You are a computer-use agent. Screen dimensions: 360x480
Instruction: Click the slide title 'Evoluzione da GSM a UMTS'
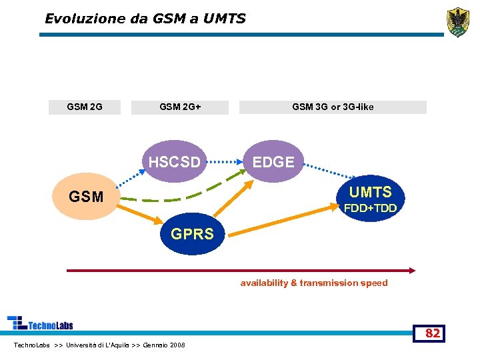[145, 19]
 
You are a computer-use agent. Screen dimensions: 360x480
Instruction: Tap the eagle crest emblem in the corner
[457, 21]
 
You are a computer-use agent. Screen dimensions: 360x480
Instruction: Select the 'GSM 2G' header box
[85, 107]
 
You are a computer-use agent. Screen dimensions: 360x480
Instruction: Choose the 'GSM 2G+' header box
[180, 107]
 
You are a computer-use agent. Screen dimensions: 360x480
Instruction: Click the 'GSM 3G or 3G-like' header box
[333, 107]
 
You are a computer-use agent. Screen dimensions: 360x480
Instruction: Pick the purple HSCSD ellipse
[175, 161]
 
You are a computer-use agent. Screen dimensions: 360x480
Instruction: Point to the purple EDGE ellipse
[273, 162]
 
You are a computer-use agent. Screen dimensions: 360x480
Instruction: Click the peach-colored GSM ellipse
[87, 197]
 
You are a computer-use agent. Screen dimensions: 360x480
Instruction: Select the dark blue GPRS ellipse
[193, 233]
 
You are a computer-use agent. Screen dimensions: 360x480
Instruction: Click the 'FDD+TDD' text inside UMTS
[370, 209]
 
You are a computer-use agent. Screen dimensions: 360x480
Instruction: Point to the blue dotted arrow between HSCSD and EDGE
[223, 161]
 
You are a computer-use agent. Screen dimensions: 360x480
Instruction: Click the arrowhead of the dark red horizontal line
[411, 270]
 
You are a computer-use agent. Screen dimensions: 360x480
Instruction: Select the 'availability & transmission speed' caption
[314, 283]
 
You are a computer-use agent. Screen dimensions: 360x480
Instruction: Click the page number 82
[433, 333]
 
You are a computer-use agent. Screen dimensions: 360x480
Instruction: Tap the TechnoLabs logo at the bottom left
[40, 324]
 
